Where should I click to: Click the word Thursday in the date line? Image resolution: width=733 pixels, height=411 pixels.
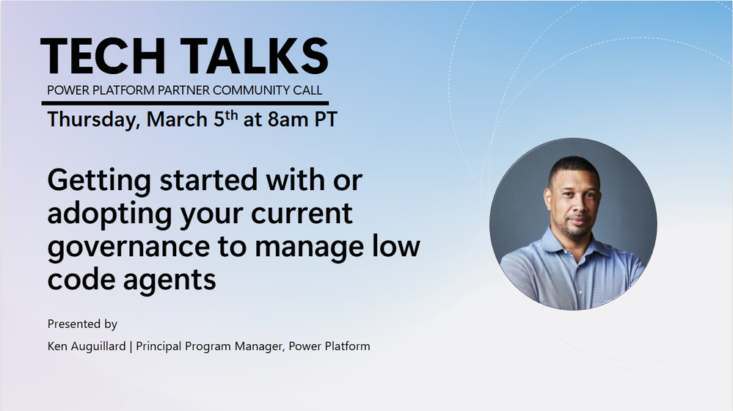pyautogui.click(x=93, y=120)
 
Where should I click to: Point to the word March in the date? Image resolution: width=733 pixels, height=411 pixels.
pyautogui.click(x=177, y=119)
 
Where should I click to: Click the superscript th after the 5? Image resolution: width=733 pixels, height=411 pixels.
pyautogui.click(x=231, y=115)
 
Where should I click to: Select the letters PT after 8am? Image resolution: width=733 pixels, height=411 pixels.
pyautogui.click(x=325, y=119)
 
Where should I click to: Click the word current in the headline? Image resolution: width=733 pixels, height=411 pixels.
pyautogui.click(x=302, y=214)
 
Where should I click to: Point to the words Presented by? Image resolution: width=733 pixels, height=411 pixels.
pyautogui.click(x=82, y=324)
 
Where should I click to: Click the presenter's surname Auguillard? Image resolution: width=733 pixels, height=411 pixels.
pyautogui.click(x=98, y=346)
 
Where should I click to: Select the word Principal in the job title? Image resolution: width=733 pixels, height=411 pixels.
pyautogui.click(x=158, y=346)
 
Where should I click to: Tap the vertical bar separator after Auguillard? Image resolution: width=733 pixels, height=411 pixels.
pyautogui.click(x=131, y=346)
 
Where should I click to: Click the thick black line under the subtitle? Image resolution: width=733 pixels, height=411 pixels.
pyautogui.click(x=185, y=103)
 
